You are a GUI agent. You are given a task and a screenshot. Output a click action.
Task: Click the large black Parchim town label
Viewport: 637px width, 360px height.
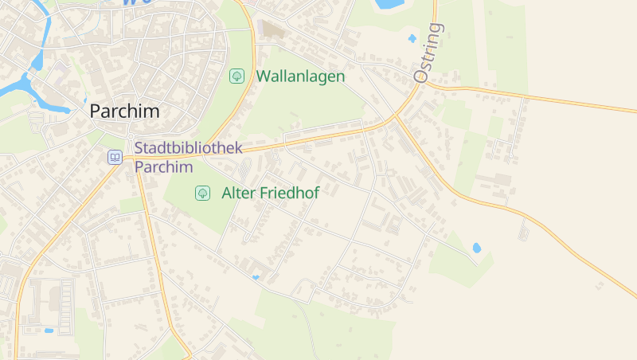(x=124, y=112)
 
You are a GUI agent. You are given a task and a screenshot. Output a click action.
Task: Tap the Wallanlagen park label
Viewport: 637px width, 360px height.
(x=300, y=76)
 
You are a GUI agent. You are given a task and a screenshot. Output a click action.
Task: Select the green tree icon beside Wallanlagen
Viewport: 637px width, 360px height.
(x=236, y=76)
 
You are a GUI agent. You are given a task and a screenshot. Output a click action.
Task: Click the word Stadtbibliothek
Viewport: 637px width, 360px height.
(x=188, y=148)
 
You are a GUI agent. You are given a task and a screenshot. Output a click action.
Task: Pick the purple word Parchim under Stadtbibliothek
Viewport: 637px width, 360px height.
(x=163, y=166)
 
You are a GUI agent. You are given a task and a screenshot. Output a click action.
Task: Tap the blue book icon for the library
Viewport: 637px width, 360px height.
(x=115, y=158)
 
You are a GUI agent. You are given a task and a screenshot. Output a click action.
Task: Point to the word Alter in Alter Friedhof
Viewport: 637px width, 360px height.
(x=239, y=193)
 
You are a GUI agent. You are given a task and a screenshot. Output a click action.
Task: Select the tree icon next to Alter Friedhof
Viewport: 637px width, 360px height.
(x=202, y=193)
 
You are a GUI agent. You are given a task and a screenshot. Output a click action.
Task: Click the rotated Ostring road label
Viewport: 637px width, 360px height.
(x=428, y=53)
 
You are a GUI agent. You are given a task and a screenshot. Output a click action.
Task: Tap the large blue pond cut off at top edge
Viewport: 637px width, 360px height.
(x=388, y=4)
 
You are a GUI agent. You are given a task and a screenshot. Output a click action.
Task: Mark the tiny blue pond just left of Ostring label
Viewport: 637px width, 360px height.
(x=412, y=37)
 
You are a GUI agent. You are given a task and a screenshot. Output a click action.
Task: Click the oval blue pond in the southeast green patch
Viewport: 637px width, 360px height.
(x=476, y=248)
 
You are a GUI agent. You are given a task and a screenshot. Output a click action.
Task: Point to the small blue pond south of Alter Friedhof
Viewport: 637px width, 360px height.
(x=255, y=277)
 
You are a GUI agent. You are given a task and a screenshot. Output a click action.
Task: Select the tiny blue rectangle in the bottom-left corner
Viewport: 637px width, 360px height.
(x=49, y=330)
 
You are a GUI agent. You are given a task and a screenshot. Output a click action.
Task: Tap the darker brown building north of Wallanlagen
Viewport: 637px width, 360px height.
(x=273, y=29)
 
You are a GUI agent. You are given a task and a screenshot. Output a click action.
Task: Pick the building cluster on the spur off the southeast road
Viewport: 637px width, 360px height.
(x=523, y=230)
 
